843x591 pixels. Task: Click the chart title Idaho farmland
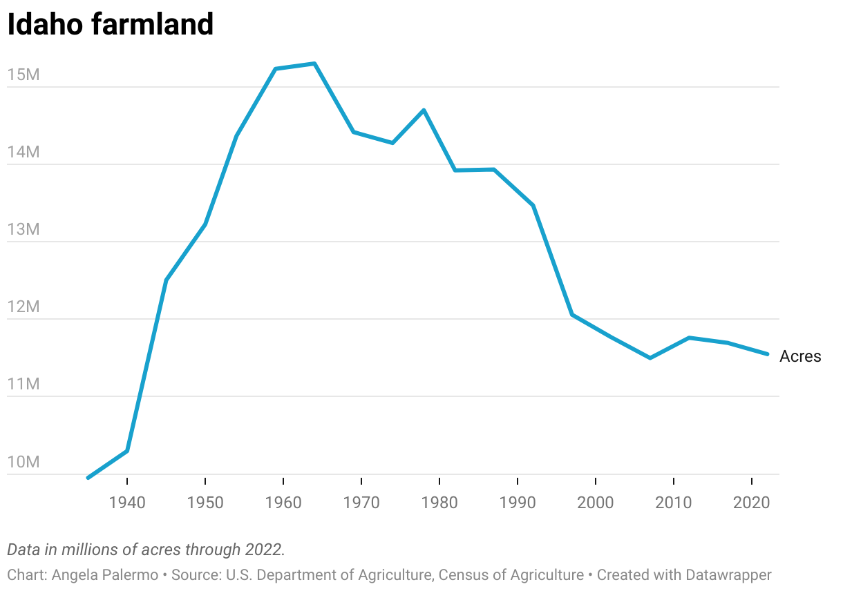(x=110, y=25)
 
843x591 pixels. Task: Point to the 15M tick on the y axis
(x=23, y=75)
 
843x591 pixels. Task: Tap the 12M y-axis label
(x=23, y=307)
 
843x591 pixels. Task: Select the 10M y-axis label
(x=23, y=461)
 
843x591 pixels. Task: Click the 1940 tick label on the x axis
(x=127, y=503)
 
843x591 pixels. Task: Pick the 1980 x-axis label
(x=439, y=503)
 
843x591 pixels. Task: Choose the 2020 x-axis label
(x=752, y=503)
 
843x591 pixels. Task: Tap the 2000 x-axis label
(x=596, y=503)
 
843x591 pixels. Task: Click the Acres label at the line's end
(x=800, y=356)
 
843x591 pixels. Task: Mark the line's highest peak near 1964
(x=314, y=64)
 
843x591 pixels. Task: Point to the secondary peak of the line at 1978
(x=424, y=110)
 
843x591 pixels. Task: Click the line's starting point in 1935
(x=88, y=478)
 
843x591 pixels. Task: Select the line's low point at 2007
(x=650, y=358)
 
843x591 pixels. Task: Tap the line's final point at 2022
(x=768, y=354)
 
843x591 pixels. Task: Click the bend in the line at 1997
(x=572, y=315)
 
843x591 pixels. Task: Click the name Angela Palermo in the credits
(x=104, y=574)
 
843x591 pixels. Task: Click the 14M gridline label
(x=23, y=152)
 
